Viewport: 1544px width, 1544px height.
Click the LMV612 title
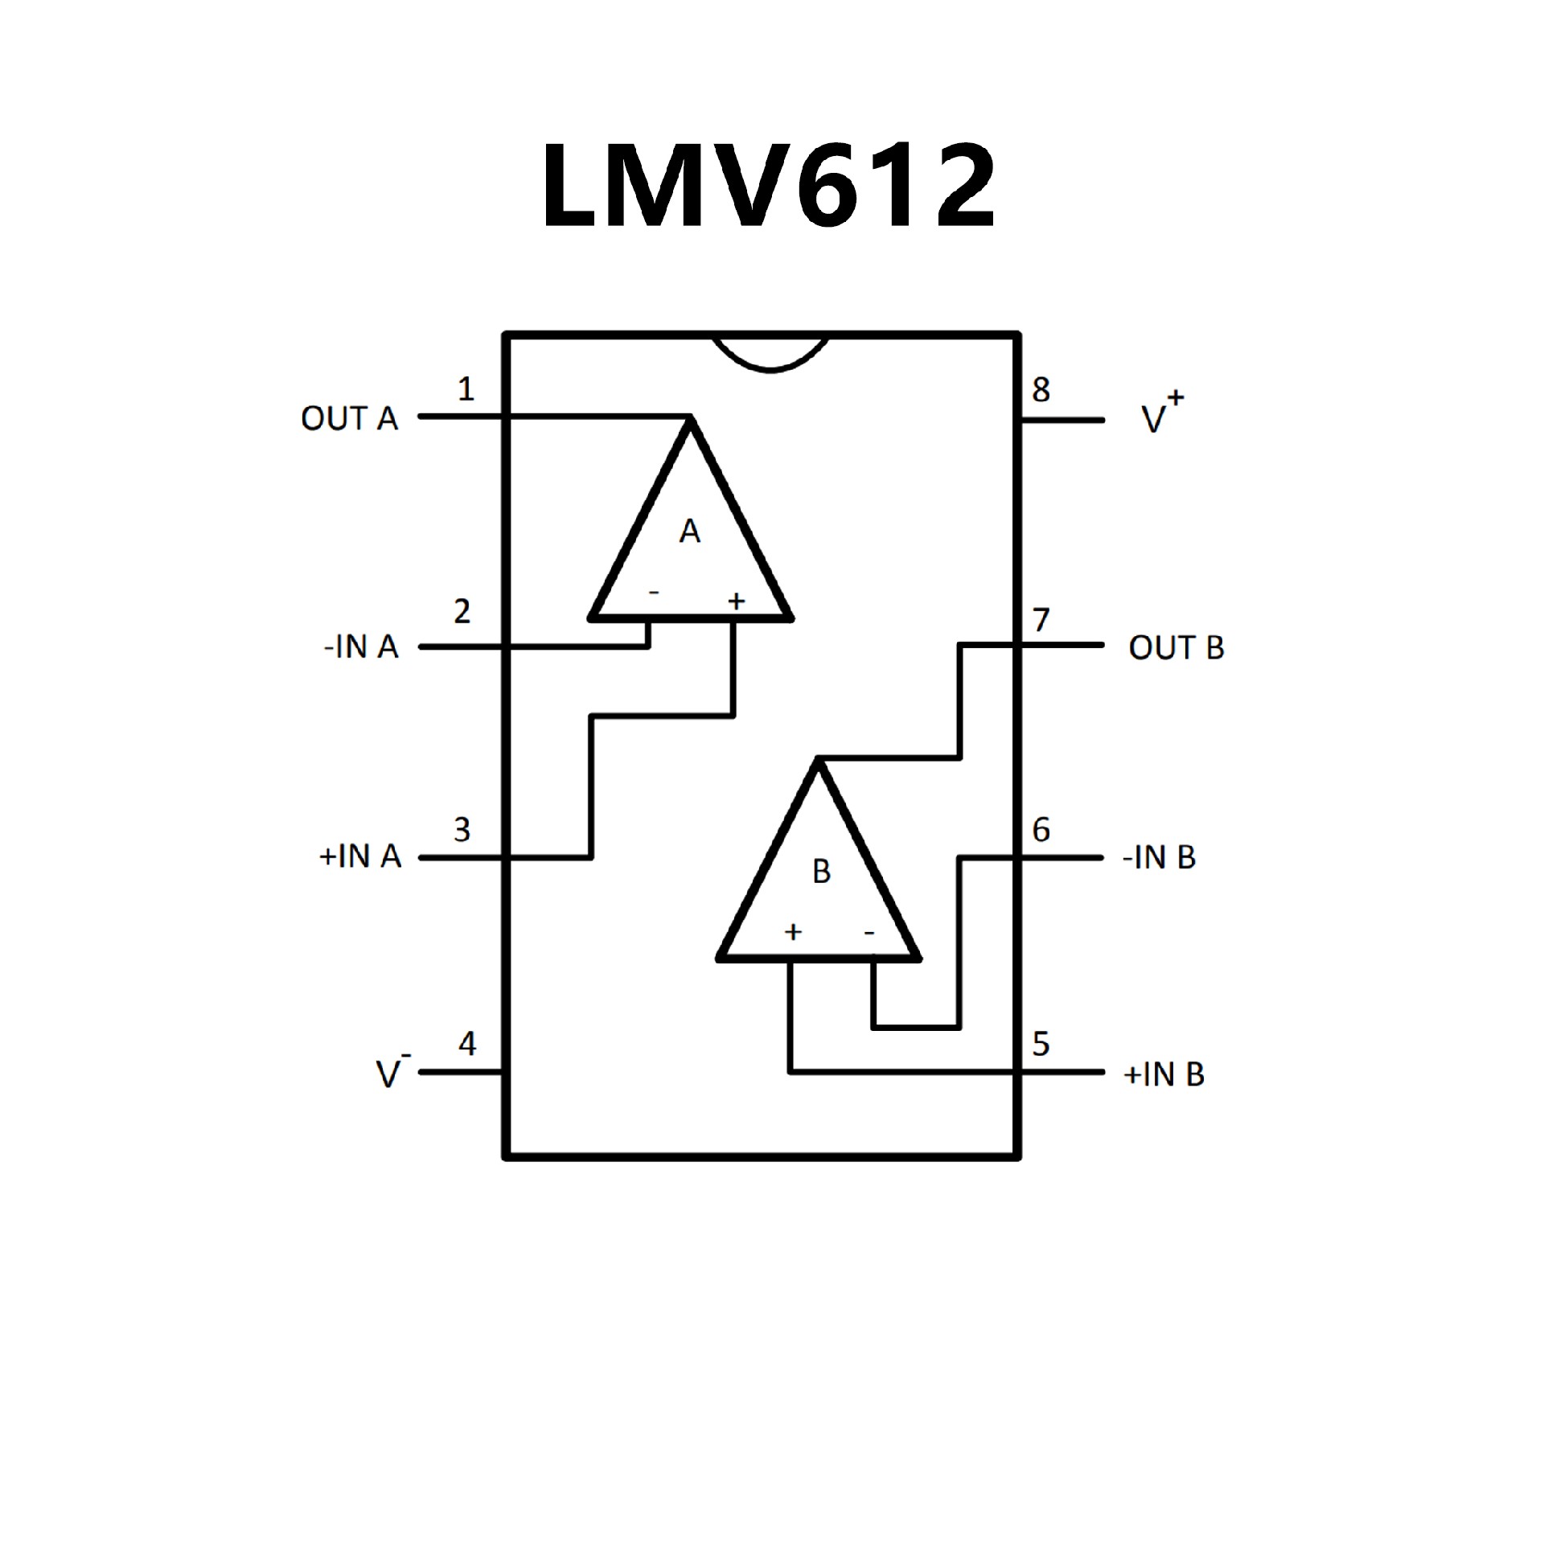[770, 187]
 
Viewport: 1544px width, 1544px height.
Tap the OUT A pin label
[349, 419]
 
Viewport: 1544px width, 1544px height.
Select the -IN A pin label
[361, 647]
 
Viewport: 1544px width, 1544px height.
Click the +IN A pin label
[360, 857]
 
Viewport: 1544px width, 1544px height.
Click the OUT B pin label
[1176, 647]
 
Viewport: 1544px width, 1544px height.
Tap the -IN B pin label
[1159, 858]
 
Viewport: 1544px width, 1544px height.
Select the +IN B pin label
[1163, 1074]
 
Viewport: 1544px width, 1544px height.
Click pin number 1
[466, 389]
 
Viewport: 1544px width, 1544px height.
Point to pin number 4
[467, 1043]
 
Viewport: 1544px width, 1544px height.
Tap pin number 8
[1041, 390]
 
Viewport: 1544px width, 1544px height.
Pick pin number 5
[1041, 1044]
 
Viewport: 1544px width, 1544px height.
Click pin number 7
[1041, 620]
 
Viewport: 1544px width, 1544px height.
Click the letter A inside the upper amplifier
[689, 532]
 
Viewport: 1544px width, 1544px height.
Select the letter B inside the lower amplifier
[821, 872]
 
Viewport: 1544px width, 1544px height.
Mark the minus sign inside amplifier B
[869, 933]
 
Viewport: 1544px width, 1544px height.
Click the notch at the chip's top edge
[770, 354]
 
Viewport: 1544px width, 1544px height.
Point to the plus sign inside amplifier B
[793, 932]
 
